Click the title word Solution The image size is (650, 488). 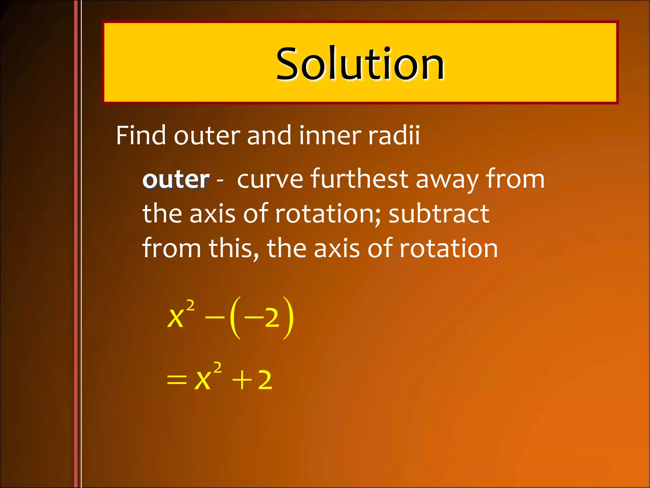(x=360, y=63)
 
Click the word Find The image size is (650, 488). (x=140, y=136)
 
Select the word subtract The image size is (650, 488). (x=439, y=213)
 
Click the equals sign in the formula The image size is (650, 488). (x=177, y=380)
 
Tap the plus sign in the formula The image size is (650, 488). (x=242, y=380)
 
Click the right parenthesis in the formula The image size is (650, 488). (x=288, y=318)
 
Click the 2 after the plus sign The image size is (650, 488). (x=265, y=380)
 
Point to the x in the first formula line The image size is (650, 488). (x=176, y=318)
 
